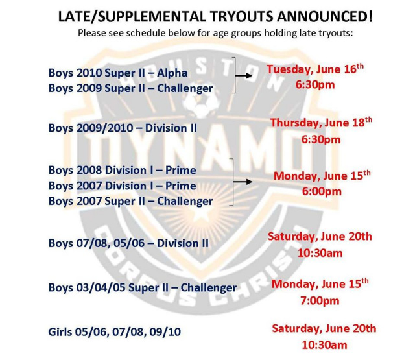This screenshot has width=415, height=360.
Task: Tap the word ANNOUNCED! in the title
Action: (x=325, y=16)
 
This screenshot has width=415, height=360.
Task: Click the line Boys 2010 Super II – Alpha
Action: (x=118, y=73)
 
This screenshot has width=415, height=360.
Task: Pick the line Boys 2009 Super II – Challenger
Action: (x=131, y=88)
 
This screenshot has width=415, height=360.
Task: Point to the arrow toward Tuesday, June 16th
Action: (x=244, y=76)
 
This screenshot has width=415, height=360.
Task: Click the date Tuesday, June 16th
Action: (x=315, y=69)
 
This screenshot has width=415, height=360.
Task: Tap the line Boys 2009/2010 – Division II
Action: (x=123, y=128)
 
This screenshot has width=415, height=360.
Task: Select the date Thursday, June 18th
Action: (x=321, y=123)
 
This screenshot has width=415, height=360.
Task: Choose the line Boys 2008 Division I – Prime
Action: (x=123, y=170)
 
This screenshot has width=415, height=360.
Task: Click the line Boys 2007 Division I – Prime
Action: (x=123, y=186)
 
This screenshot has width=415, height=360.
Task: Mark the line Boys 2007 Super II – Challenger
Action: (x=131, y=202)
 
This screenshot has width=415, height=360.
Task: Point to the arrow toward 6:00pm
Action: (x=243, y=182)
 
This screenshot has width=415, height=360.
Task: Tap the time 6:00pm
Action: (x=322, y=191)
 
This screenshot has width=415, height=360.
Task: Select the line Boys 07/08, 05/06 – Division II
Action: (x=128, y=243)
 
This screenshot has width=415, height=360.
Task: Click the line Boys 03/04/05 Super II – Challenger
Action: (x=143, y=288)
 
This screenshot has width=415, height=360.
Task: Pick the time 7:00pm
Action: (x=320, y=301)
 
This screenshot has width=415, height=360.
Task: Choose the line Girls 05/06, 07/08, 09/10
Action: (x=115, y=332)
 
